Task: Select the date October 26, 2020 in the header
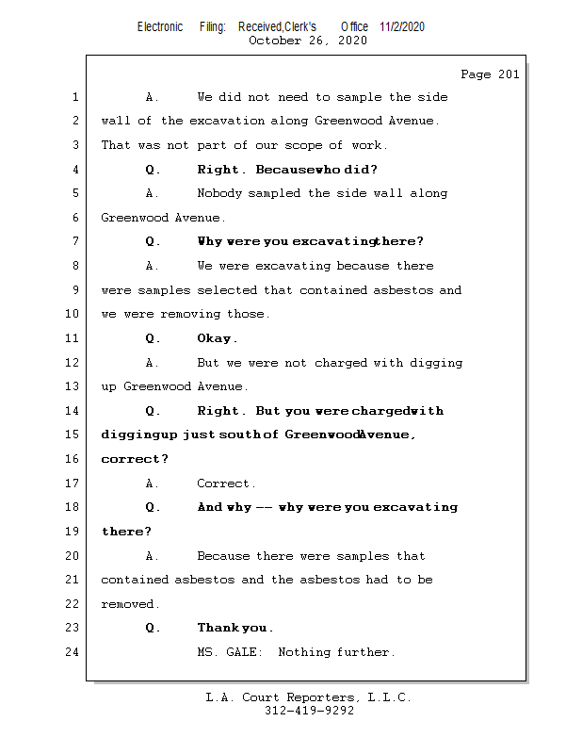308,41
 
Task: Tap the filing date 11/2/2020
402,26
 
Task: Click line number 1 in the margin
74,97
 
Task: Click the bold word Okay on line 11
217,338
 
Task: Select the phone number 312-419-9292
309,712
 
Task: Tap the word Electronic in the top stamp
160,26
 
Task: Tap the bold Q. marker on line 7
153,241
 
